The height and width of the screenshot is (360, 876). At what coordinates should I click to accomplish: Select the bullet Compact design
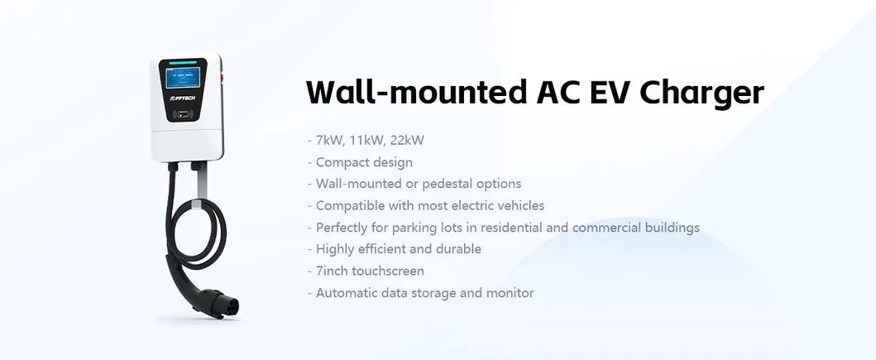point(363,161)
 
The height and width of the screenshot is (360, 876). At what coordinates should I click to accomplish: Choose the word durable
point(457,248)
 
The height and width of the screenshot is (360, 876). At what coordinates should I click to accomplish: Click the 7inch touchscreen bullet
point(370,271)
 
